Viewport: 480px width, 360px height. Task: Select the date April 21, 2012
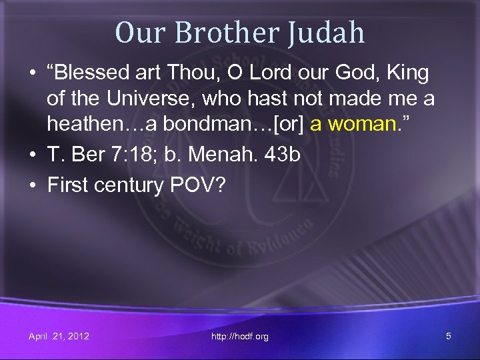coord(59,336)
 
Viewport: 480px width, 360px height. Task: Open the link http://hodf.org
coord(239,337)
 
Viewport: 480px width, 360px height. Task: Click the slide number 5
coord(448,336)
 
